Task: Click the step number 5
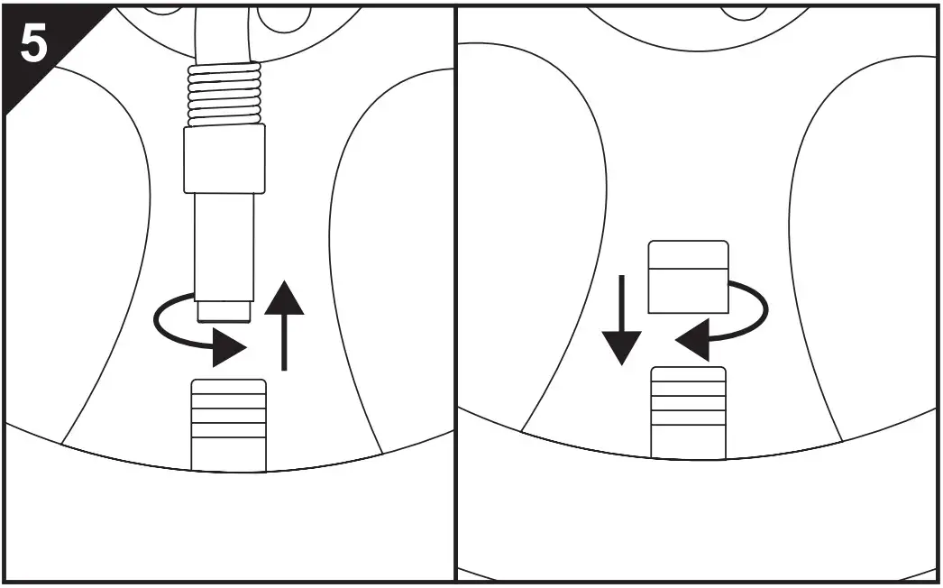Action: (x=34, y=45)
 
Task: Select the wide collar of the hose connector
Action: (x=224, y=159)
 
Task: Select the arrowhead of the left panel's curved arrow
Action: (x=230, y=348)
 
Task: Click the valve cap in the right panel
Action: (x=689, y=277)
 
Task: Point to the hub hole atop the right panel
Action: (x=745, y=11)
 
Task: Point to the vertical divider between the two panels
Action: (x=455, y=298)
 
